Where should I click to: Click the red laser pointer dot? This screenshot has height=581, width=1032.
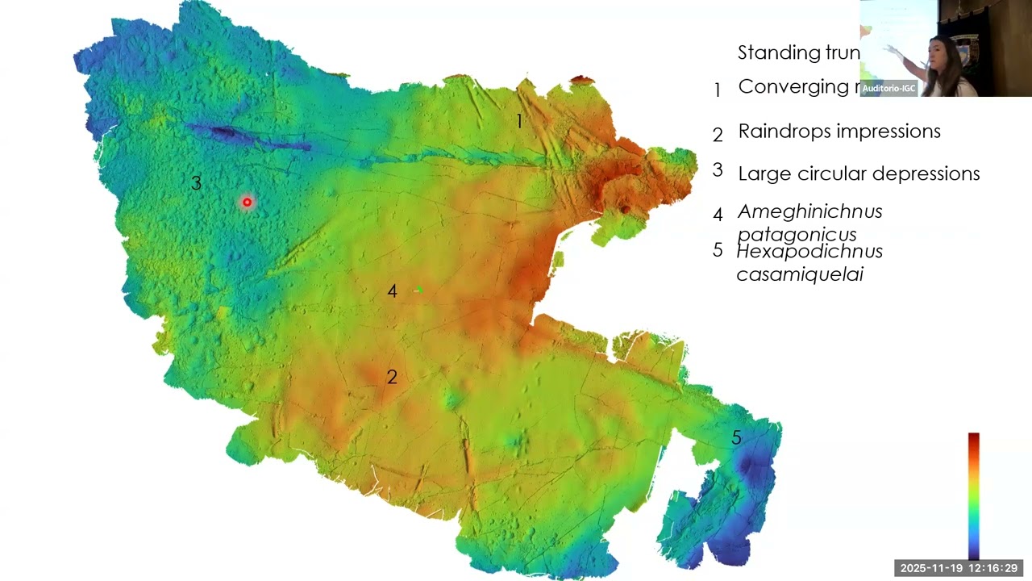pyautogui.click(x=247, y=203)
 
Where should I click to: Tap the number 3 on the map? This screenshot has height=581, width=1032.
pyautogui.click(x=196, y=183)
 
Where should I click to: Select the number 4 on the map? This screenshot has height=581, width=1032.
pyautogui.click(x=392, y=291)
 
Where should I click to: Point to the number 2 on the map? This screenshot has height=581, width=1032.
pyautogui.click(x=392, y=377)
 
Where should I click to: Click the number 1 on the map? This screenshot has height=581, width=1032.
pyautogui.click(x=519, y=121)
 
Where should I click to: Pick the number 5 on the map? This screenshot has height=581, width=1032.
pyautogui.click(x=736, y=438)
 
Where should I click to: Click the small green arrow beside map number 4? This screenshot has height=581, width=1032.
pyautogui.click(x=418, y=290)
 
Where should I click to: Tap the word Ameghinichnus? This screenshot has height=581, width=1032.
pyautogui.click(x=809, y=211)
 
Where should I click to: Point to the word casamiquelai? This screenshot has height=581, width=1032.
pyautogui.click(x=800, y=274)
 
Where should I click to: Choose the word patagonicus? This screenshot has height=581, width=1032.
pyautogui.click(x=797, y=235)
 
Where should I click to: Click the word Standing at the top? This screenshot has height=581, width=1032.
pyautogui.click(x=771, y=53)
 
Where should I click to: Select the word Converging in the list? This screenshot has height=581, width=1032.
pyautogui.click(x=790, y=87)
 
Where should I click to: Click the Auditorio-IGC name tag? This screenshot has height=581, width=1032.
pyautogui.click(x=888, y=88)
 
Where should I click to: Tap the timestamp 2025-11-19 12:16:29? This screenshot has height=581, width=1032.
pyautogui.click(x=959, y=568)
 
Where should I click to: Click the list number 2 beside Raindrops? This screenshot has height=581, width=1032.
pyautogui.click(x=718, y=135)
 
